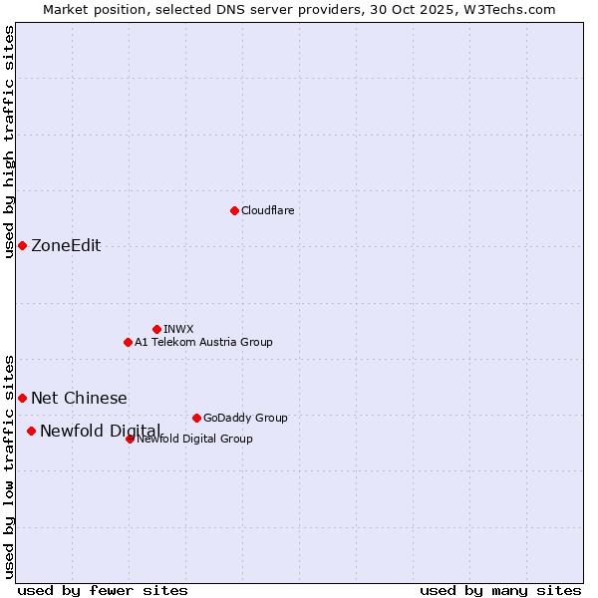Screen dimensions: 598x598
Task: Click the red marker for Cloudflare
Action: click(x=234, y=210)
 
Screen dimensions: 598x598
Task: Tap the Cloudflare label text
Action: click(x=267, y=210)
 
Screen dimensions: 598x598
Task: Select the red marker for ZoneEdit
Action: click(x=22, y=245)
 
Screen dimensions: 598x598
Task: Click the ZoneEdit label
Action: click(x=66, y=246)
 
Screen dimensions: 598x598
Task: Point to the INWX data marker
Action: click(x=156, y=329)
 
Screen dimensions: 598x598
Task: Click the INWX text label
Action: click(x=178, y=329)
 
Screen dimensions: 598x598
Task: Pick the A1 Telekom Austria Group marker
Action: click(x=128, y=342)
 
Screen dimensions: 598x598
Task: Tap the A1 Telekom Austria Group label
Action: click(x=203, y=342)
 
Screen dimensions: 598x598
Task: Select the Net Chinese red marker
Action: click(x=22, y=398)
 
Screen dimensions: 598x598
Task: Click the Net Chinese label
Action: click(x=79, y=398)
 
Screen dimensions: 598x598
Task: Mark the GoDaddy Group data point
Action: click(x=196, y=418)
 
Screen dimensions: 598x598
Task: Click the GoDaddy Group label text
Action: click(x=245, y=418)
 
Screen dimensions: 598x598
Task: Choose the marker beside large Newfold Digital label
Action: click(x=31, y=431)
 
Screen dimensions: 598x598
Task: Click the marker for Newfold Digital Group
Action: click(x=130, y=439)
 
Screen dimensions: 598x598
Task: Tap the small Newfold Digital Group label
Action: click(x=195, y=439)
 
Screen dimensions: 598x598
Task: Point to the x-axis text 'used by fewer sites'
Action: click(x=103, y=590)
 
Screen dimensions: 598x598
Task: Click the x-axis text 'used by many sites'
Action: click(x=499, y=590)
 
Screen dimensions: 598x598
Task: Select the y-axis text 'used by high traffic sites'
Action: click(x=10, y=142)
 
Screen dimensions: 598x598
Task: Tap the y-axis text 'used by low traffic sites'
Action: click(x=10, y=465)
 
